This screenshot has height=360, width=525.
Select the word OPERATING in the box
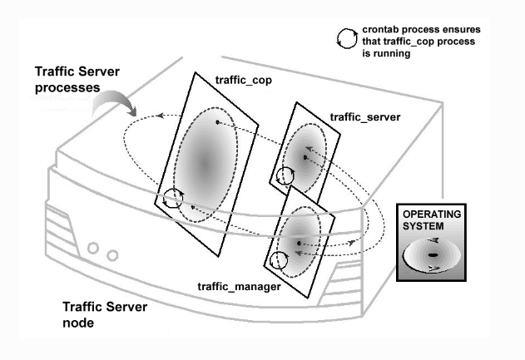431,215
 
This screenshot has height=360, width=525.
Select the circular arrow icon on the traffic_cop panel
173,199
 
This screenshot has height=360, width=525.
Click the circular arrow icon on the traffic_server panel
285,175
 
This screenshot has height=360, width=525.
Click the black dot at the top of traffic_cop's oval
219,122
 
